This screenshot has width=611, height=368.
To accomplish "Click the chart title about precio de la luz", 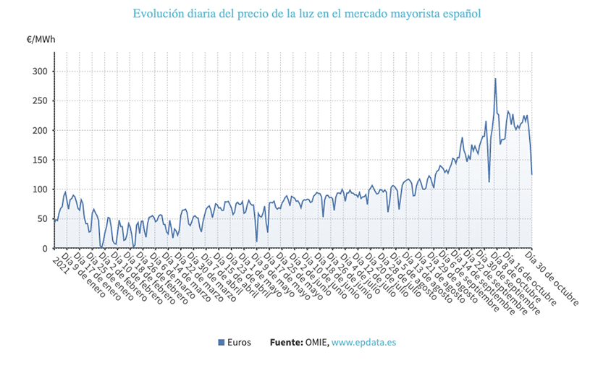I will (x=307, y=14).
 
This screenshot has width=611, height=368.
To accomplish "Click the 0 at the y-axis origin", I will (x=44, y=249).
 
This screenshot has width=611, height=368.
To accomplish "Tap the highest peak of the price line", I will (x=495, y=78).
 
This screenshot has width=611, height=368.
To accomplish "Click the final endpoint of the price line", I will (x=532, y=174).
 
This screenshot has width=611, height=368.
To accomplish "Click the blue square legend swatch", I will (x=222, y=343).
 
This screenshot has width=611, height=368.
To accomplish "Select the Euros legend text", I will (x=239, y=343).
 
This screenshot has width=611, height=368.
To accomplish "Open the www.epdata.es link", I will (x=364, y=343).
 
